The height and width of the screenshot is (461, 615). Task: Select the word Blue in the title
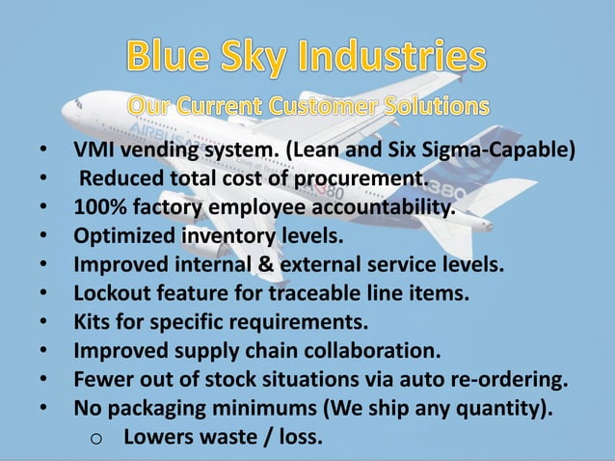[x=162, y=59]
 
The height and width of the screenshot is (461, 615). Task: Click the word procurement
[x=362, y=178]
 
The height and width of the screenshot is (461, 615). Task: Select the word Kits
[x=94, y=318]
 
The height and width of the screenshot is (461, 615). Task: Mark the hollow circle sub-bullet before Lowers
[x=96, y=438]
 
